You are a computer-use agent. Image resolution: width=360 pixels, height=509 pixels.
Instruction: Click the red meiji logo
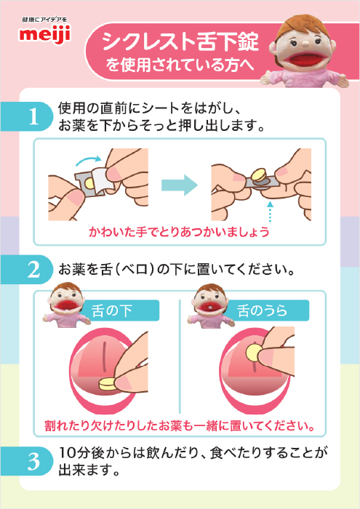[45, 34]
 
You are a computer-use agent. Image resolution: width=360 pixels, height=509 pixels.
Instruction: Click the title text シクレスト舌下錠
[180, 41]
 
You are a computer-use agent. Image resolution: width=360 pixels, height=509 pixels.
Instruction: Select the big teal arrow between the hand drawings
[180, 185]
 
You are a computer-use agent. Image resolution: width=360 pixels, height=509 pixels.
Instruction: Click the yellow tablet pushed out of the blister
[259, 175]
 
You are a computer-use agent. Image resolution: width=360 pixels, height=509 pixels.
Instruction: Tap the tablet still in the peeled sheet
[88, 185]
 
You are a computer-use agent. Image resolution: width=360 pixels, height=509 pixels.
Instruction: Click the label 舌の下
[112, 310]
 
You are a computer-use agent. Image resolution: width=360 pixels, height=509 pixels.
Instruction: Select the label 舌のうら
[263, 310]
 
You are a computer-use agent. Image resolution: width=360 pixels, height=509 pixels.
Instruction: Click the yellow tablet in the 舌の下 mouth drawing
[108, 385]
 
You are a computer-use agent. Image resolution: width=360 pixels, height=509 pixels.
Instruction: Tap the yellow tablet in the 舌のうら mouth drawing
[254, 353]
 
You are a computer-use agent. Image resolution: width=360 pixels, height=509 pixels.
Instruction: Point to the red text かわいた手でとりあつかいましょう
[179, 232]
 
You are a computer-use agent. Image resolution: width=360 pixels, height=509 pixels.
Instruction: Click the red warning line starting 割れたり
[180, 425]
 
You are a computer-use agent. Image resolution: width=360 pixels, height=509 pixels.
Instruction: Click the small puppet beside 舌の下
[66, 305]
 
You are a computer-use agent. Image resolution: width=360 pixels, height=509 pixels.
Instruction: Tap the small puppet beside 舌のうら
[210, 305]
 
